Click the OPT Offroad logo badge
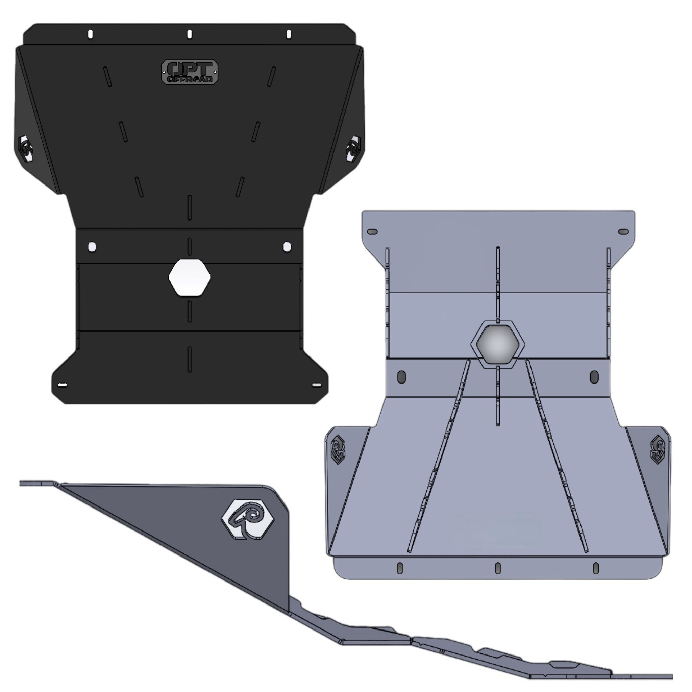(190, 72)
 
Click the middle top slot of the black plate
(190, 34)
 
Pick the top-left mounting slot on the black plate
(91, 34)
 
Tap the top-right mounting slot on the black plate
(289, 34)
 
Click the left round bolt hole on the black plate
(92, 247)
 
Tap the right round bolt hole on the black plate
(287, 247)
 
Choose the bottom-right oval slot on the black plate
(317, 385)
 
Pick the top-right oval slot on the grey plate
(624, 232)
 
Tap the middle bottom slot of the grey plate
(498, 568)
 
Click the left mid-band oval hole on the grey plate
(401, 377)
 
